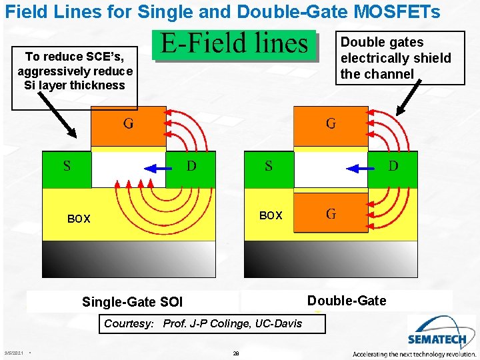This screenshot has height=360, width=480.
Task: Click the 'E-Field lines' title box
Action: pyautogui.click(x=235, y=44)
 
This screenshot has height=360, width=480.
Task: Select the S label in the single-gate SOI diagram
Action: pyautogui.click(x=67, y=165)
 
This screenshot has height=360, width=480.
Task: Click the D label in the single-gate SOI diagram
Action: pyautogui.click(x=191, y=165)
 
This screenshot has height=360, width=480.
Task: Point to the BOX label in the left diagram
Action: pyautogui.click(x=79, y=219)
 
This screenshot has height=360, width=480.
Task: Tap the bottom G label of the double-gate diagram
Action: pyautogui.click(x=330, y=213)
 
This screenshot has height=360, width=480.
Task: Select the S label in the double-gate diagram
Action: pyautogui.click(x=268, y=165)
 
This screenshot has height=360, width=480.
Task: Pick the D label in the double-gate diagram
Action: pyautogui.click(x=393, y=165)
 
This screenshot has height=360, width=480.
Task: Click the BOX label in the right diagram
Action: pyautogui.click(x=271, y=215)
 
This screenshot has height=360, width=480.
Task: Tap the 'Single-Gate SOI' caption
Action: pyautogui.click(x=132, y=302)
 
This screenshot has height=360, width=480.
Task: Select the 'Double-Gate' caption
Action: pyautogui.click(x=346, y=301)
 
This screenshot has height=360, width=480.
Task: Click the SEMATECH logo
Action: pyautogui.click(x=434, y=333)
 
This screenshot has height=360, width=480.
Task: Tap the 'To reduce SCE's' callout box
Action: pyautogui.click(x=75, y=71)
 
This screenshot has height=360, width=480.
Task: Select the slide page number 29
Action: pyautogui.click(x=236, y=353)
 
